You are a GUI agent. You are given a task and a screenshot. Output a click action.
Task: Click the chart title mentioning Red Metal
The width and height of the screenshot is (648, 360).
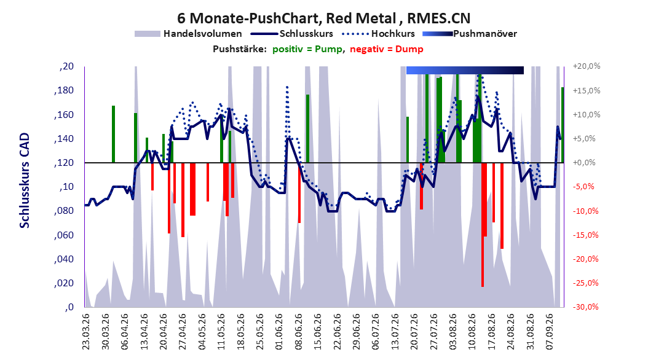point(323,18)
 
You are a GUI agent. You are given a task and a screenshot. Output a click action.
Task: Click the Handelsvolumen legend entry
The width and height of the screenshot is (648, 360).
point(189,34)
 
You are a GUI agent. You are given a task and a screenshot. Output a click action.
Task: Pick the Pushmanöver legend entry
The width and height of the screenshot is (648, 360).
point(470,34)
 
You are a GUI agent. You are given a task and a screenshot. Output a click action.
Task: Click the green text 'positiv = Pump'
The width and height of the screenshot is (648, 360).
point(307,49)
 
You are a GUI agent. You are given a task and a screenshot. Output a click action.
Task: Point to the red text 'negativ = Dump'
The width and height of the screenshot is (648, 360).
point(387,49)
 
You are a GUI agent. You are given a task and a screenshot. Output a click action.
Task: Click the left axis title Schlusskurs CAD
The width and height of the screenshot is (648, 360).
point(25,181)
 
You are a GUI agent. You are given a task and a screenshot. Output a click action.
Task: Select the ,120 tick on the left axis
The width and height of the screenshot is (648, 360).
point(64,163)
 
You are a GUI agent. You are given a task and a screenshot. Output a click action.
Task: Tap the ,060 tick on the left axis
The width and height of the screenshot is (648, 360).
point(64,235)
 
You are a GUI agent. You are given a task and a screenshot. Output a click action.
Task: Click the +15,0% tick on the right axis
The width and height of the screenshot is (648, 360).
point(587,90)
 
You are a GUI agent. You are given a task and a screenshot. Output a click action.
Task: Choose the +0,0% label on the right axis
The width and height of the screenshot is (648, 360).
point(584,163)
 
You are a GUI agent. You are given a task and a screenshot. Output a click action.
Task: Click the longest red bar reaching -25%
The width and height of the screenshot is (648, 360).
point(482,225)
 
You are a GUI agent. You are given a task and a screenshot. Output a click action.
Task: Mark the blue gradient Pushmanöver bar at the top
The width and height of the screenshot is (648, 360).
point(465,70)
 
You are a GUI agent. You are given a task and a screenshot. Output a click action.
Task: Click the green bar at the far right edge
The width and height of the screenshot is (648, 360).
point(563,125)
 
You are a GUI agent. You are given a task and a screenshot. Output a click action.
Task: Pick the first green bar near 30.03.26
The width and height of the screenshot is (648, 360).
point(113,134)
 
